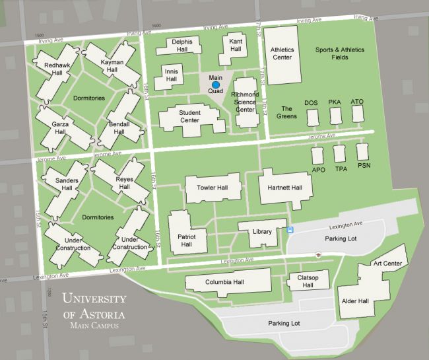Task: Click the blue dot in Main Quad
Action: (216, 85)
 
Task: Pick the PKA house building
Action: (335, 116)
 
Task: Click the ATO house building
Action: (358, 114)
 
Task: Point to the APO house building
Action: (318, 156)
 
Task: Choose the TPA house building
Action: (340, 154)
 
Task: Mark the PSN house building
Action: (362, 151)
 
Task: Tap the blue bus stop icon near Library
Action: (290, 230)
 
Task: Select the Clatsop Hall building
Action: (304, 281)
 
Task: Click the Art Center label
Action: (387, 264)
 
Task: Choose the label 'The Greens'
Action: (286, 112)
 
